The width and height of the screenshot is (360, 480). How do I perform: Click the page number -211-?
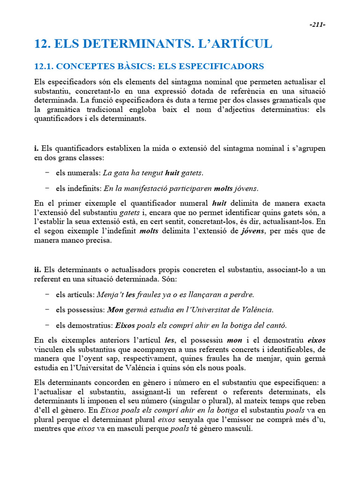pyautogui.click(x=317, y=25)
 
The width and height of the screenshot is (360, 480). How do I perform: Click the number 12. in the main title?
pyautogui.click(x=43, y=44)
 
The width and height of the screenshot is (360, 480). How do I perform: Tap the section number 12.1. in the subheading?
pyautogui.click(x=45, y=67)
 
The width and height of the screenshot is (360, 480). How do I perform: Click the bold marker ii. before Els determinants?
pyautogui.click(x=37, y=270)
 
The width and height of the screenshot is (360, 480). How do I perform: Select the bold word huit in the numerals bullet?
pyautogui.click(x=172, y=173)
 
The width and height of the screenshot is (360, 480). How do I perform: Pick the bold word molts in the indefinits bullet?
pyautogui.click(x=223, y=189)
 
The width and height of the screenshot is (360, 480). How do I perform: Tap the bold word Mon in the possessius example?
pyautogui.click(x=115, y=310)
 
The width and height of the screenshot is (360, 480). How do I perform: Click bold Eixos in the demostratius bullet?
pyautogui.click(x=125, y=325)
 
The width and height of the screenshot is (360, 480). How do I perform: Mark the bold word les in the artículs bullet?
pyautogui.click(x=131, y=295)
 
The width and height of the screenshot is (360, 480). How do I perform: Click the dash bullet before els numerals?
pyautogui.click(x=47, y=173)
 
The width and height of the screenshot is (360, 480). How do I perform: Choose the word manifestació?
pyautogui.click(x=151, y=189)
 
